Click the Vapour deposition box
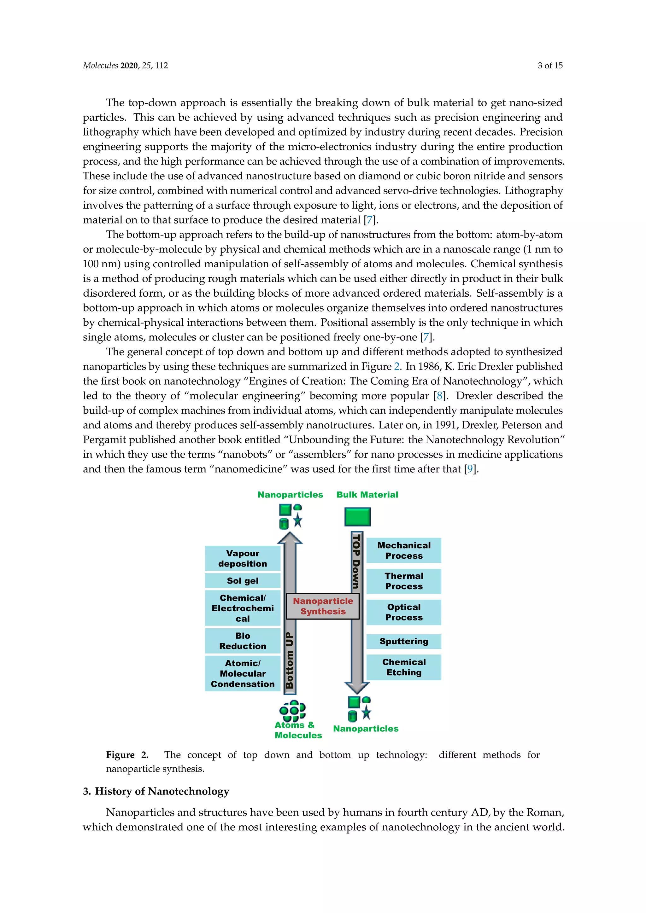click(x=243, y=558)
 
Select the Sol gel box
click(x=243, y=581)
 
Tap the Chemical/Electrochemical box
click(x=243, y=608)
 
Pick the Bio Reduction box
click(x=243, y=641)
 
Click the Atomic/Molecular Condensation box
click(x=243, y=673)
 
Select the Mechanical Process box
click(x=404, y=550)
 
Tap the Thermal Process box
click(x=404, y=581)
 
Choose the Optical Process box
click(x=404, y=612)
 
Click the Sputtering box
click(x=404, y=641)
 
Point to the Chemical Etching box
click(x=404, y=667)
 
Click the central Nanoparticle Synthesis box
click(x=323, y=606)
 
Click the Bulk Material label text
click(x=367, y=495)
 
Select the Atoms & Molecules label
click(x=298, y=730)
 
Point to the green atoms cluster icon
click(x=292, y=710)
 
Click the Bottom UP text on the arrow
click(x=290, y=660)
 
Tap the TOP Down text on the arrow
click(x=356, y=561)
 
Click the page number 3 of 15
click(x=550, y=66)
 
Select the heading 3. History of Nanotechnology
click(x=156, y=791)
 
